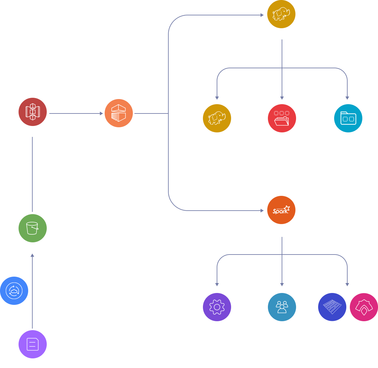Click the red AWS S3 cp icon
tap(33, 112)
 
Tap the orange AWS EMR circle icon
tap(119, 113)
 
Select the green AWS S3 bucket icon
tap(33, 228)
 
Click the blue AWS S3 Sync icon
tap(14, 291)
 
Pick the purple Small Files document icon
tap(33, 344)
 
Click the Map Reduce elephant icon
tap(281, 14)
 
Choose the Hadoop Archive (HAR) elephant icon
tap(217, 118)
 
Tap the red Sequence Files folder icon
tap(282, 118)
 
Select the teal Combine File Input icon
tap(348, 118)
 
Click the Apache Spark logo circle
tap(281, 210)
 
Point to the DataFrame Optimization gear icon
tap(217, 307)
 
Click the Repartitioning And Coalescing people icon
tap(282, 307)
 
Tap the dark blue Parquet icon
tap(332, 307)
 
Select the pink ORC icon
tap(364, 307)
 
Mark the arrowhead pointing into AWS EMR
tap(101, 113)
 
